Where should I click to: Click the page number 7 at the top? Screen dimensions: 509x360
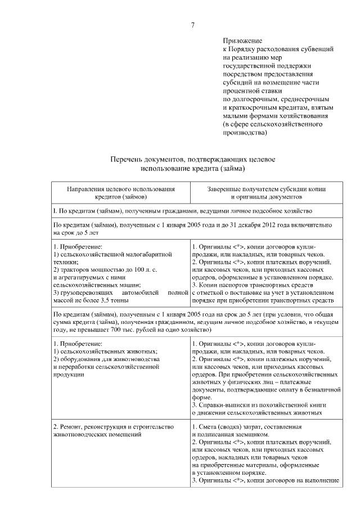coord(192,25)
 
